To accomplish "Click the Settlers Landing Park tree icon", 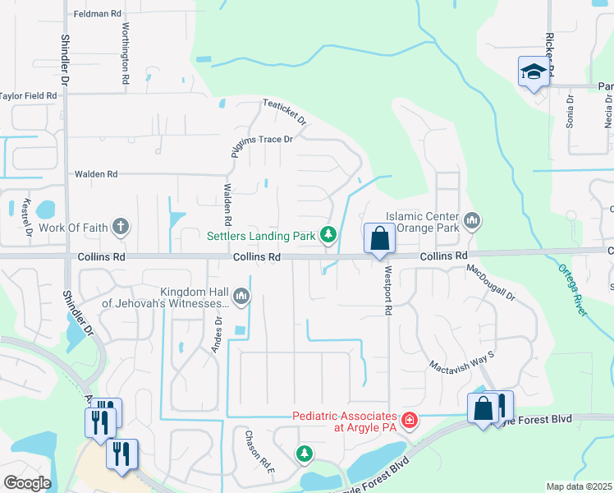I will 328,236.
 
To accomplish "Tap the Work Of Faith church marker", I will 121,227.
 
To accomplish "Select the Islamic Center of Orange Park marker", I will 472,221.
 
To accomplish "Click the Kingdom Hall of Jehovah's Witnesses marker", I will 241,296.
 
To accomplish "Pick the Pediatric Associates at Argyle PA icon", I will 410,421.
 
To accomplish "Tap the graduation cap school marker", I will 534,73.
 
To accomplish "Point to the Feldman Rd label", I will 97,14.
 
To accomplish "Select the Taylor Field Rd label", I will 29,96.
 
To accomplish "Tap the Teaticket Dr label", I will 284,113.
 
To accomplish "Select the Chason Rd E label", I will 249,448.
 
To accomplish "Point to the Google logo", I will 26,483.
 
